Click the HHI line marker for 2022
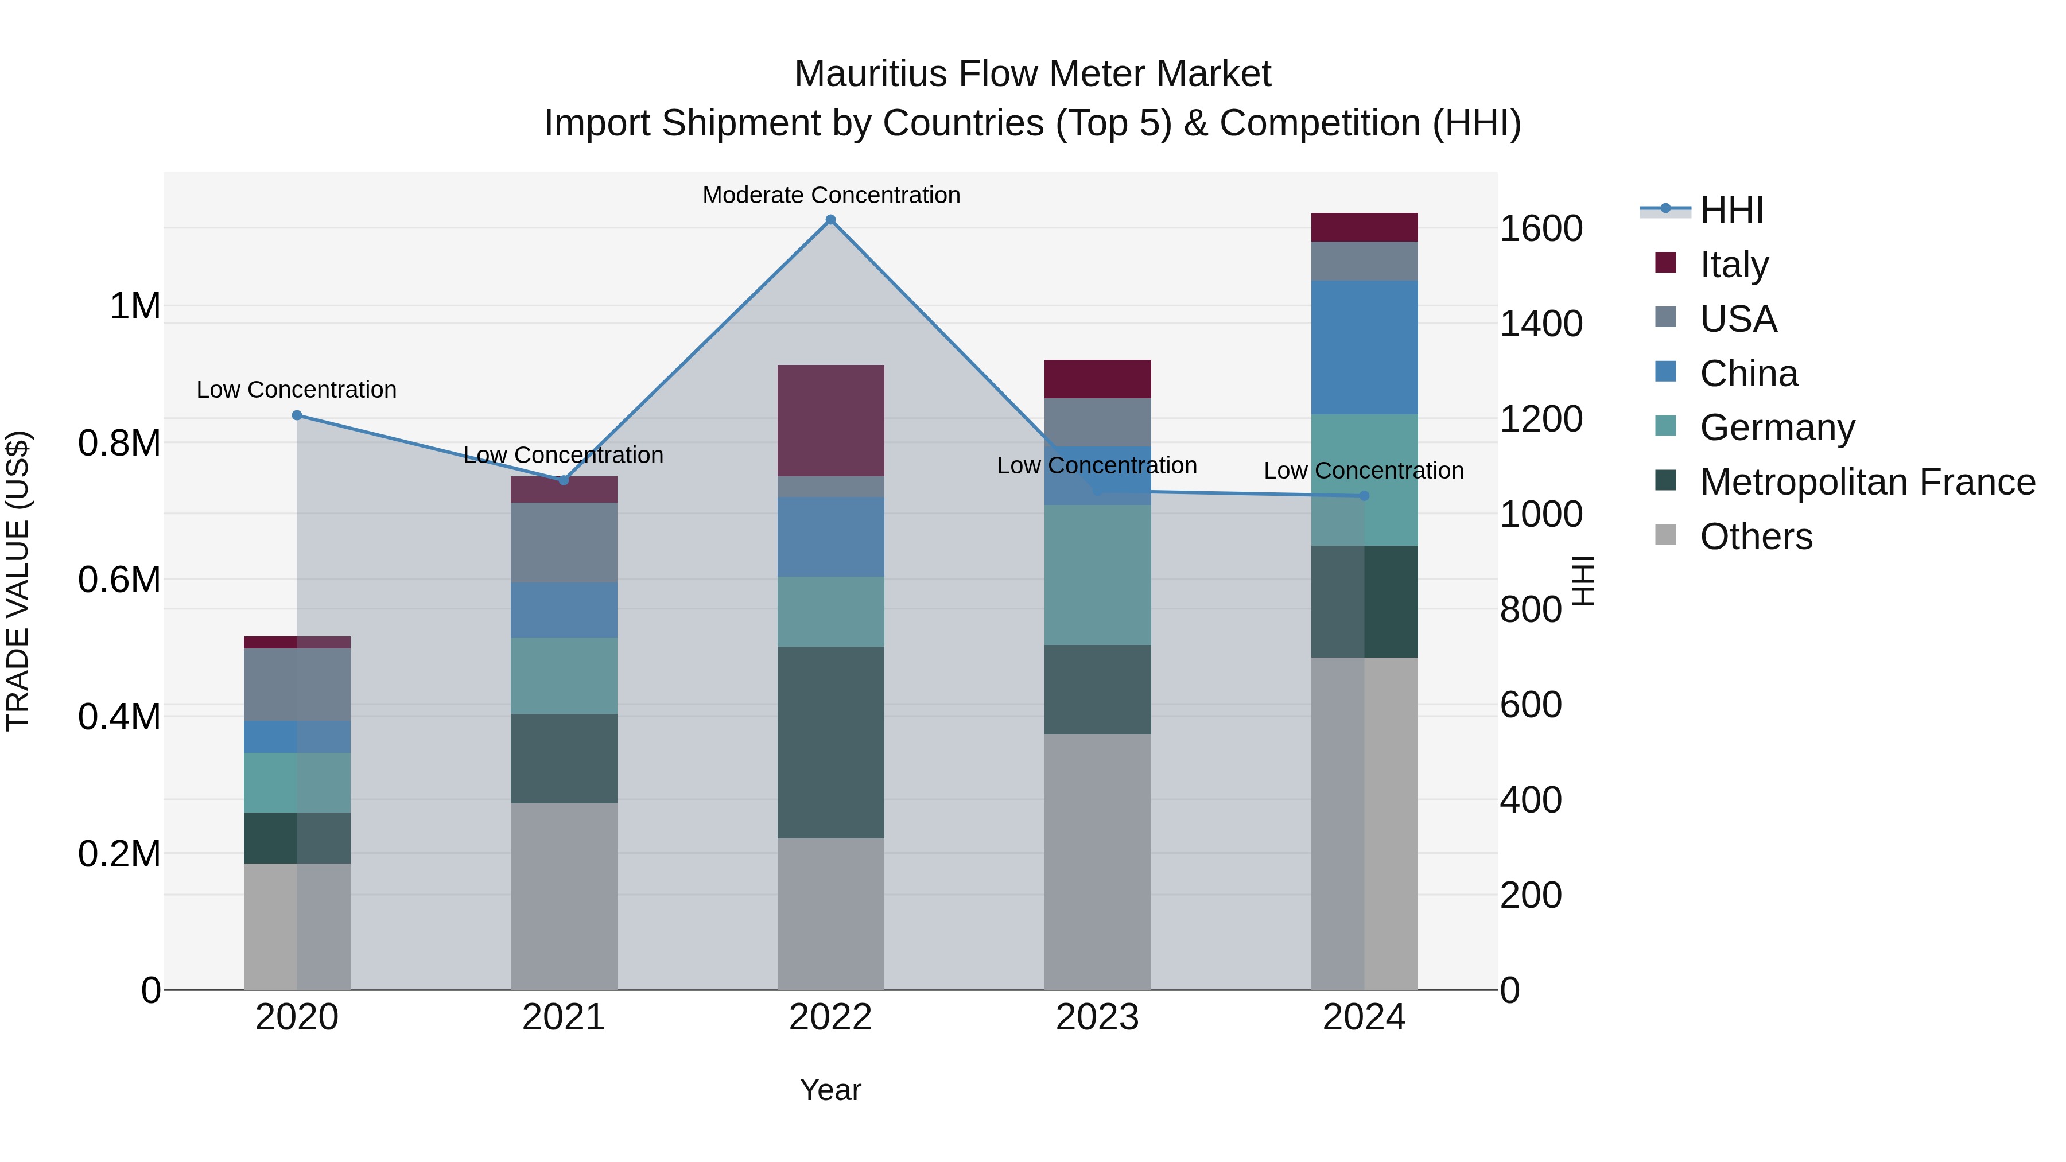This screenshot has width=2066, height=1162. tap(831, 220)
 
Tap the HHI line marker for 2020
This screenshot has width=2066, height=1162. tap(297, 415)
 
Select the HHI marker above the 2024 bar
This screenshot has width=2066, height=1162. tap(1364, 496)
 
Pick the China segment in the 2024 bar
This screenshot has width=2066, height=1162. tap(1364, 347)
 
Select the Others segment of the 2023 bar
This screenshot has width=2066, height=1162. tap(1097, 861)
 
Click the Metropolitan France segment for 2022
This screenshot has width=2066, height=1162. tap(831, 742)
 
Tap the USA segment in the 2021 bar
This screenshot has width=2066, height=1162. tap(564, 542)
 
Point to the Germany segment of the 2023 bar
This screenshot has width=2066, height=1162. tap(1097, 574)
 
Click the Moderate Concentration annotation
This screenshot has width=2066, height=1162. tap(831, 195)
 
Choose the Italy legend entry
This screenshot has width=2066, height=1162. tap(1734, 265)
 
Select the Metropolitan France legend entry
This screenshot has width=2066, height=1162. tap(1867, 482)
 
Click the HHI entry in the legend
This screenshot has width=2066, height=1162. tap(1731, 210)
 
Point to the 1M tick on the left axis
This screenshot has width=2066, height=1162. tap(135, 306)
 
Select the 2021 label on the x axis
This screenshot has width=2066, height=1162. tap(564, 1017)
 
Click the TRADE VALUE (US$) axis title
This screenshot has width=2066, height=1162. tap(18, 581)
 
